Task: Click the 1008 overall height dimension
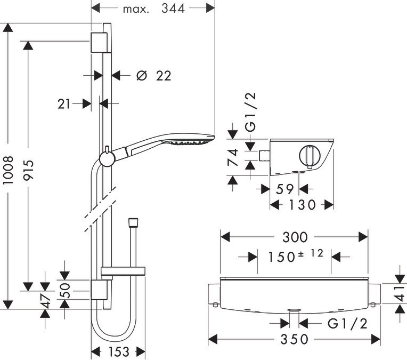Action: pyautogui.click(x=8, y=170)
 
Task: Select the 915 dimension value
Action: pyautogui.click(x=28, y=170)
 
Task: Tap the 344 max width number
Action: pyautogui.click(x=173, y=9)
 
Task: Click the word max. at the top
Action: pyautogui.click(x=136, y=10)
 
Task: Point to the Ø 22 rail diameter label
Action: pyautogui.click(x=154, y=76)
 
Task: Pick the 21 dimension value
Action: pyautogui.click(x=64, y=104)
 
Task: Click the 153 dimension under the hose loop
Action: pyautogui.click(x=119, y=352)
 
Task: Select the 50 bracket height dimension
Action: pyautogui.click(x=65, y=290)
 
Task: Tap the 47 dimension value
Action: pyautogui.click(x=45, y=300)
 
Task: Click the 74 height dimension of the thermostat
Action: pyautogui.click(x=233, y=157)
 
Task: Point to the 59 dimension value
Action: pyautogui.click(x=284, y=189)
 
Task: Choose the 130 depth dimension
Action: pyautogui.click(x=302, y=205)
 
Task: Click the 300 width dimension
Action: pyautogui.click(x=295, y=237)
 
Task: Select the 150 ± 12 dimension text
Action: pyautogui.click(x=295, y=256)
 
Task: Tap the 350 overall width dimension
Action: pyautogui.click(x=295, y=339)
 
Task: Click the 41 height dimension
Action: pyautogui.click(x=401, y=294)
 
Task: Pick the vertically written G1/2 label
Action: pyautogui.click(x=251, y=113)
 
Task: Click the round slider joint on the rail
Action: pyautogui.click(x=107, y=158)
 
